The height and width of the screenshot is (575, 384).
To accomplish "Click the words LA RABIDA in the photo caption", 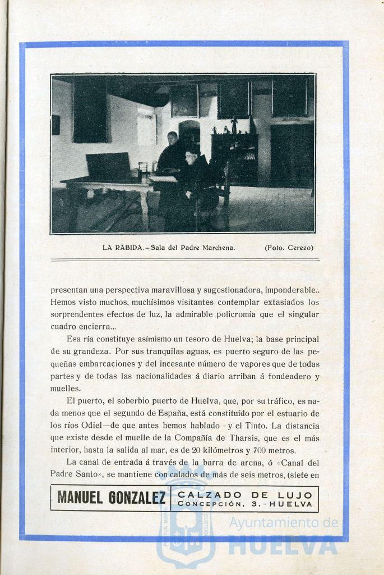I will tap(119, 247).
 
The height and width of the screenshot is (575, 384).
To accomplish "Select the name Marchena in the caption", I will tap(215, 247).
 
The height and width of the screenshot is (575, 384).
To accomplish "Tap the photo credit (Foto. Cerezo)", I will tap(289, 247).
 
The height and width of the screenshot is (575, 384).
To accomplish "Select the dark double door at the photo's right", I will tap(292, 154).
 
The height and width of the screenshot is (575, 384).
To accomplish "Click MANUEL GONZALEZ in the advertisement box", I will tap(111, 498).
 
